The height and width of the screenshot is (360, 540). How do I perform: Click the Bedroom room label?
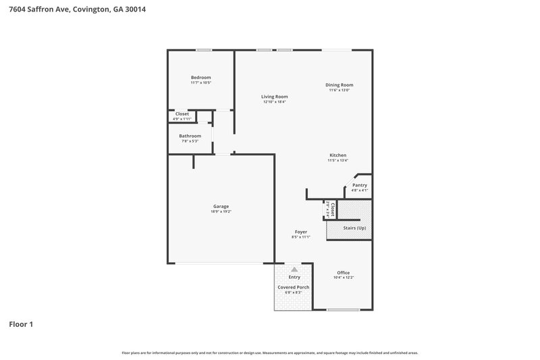click(200, 78)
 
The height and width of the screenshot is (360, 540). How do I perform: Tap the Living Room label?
click(275, 97)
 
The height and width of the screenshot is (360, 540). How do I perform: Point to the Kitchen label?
click(337, 155)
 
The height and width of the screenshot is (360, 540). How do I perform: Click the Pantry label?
click(360, 185)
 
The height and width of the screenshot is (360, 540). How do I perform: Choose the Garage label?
click(221, 206)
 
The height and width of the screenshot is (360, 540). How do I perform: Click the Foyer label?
click(300, 232)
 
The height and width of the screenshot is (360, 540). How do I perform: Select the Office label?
click(344, 272)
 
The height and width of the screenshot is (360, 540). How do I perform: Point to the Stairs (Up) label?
click(355, 228)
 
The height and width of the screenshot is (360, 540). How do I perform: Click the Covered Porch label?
click(294, 287)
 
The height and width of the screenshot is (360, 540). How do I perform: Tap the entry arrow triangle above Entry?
click(294, 269)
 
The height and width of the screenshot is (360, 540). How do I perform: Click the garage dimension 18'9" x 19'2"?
click(221, 211)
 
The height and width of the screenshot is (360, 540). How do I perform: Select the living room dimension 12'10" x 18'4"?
click(275, 102)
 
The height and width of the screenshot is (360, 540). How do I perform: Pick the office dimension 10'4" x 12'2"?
click(344, 278)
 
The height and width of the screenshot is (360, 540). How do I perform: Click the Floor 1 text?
click(21, 324)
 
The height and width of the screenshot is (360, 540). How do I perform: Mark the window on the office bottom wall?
click(343, 310)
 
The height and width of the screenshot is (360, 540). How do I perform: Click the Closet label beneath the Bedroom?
click(182, 113)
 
